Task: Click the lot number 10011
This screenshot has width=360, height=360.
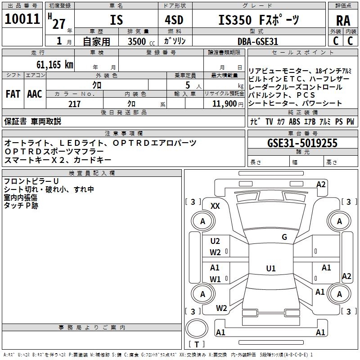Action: tap(22, 19)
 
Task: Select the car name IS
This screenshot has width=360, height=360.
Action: tap(116, 20)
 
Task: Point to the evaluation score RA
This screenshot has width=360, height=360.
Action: tap(343, 21)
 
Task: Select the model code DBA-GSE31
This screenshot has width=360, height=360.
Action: tap(257, 41)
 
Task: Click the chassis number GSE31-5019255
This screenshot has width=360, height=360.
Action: tap(302, 143)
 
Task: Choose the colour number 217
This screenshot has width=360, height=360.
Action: tap(74, 104)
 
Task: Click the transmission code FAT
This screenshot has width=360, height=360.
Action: tap(13, 94)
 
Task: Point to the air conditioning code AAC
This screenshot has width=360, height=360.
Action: tap(35, 94)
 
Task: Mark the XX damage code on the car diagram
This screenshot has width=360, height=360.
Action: tap(215, 206)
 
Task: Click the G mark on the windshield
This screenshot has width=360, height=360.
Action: tap(284, 237)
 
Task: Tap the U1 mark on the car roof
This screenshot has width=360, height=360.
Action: tap(270, 269)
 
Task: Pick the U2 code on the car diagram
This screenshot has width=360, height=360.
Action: tap(215, 241)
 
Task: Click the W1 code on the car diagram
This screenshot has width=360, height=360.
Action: tap(215, 279)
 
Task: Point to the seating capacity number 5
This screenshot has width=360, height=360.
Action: tap(186, 85)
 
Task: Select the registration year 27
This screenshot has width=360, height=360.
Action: tap(58, 23)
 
